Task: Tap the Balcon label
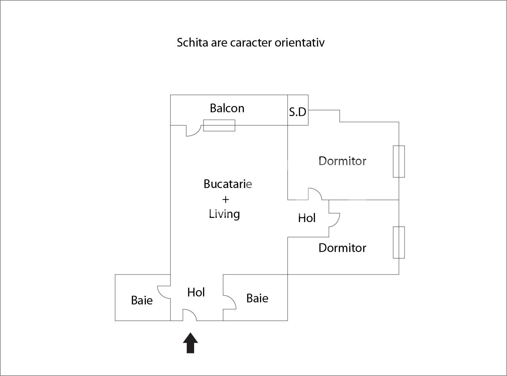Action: pyautogui.click(x=227, y=108)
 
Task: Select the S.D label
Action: pyautogui.click(x=298, y=112)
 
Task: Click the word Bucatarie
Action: pyautogui.click(x=227, y=184)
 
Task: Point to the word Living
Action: pyautogui.click(x=224, y=214)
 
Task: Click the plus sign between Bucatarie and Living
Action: pyautogui.click(x=225, y=199)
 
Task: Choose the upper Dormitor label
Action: pyautogui.click(x=342, y=161)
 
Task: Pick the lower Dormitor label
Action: pyautogui.click(x=342, y=248)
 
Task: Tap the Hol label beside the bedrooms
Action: pyautogui.click(x=307, y=218)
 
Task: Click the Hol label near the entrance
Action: pyautogui.click(x=196, y=292)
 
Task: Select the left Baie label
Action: pyautogui.click(x=142, y=300)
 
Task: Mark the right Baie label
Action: pyautogui.click(x=257, y=298)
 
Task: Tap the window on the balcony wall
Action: pyautogui.click(x=219, y=125)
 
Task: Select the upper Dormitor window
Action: pyautogui.click(x=399, y=162)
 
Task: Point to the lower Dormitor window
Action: pyautogui.click(x=399, y=243)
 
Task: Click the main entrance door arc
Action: pyautogui.click(x=190, y=314)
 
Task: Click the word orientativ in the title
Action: pyautogui.click(x=299, y=43)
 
